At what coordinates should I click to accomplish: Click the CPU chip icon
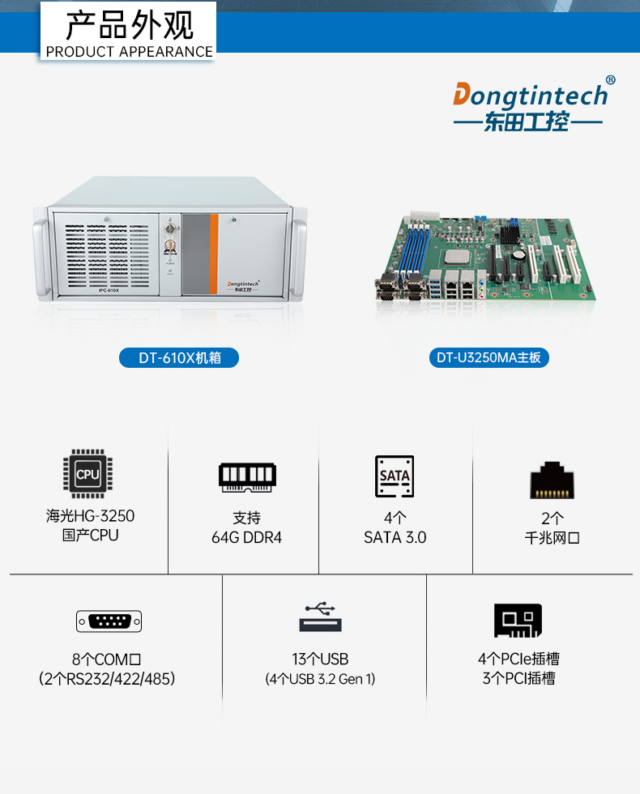[87, 474]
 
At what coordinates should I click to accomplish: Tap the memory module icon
[247, 476]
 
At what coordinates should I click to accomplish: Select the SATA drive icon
[395, 476]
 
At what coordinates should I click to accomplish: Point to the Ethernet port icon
[553, 480]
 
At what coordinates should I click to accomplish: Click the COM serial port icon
[109, 621]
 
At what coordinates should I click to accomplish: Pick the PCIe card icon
[518, 621]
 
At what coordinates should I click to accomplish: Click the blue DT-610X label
[179, 357]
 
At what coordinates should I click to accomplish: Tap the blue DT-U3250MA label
[489, 357]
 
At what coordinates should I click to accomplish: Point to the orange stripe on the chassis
[214, 253]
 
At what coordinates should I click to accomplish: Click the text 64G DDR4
[246, 537]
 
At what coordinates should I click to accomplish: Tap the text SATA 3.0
[395, 537]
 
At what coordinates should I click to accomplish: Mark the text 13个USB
[320, 660]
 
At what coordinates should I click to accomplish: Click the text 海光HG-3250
[90, 516]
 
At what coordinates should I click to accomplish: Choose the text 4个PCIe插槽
[518, 660]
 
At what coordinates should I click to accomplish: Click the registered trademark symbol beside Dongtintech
[610, 80]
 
